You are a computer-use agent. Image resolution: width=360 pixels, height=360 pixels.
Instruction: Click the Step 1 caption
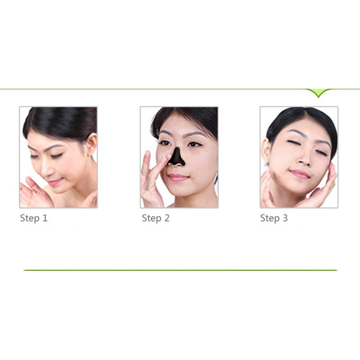tap(34, 218)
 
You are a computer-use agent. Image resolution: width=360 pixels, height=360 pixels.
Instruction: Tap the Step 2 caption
tap(156, 218)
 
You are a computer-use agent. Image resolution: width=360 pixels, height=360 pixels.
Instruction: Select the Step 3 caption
tap(274, 218)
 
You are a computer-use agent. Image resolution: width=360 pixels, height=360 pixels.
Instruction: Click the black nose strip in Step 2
tap(176, 157)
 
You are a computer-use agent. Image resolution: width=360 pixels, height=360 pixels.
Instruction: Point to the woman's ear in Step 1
tap(91, 144)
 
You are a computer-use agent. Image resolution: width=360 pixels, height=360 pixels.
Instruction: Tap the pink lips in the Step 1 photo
tap(54, 182)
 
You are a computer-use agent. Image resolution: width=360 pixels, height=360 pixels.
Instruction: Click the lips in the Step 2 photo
tap(178, 177)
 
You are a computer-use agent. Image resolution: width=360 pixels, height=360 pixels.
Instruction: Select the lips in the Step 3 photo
tap(299, 174)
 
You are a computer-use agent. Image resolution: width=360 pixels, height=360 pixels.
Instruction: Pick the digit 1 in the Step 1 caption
tap(45, 218)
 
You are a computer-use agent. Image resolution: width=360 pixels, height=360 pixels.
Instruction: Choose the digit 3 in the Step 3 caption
tap(285, 218)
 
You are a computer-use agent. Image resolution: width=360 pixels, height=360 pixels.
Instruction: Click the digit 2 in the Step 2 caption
tap(167, 218)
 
